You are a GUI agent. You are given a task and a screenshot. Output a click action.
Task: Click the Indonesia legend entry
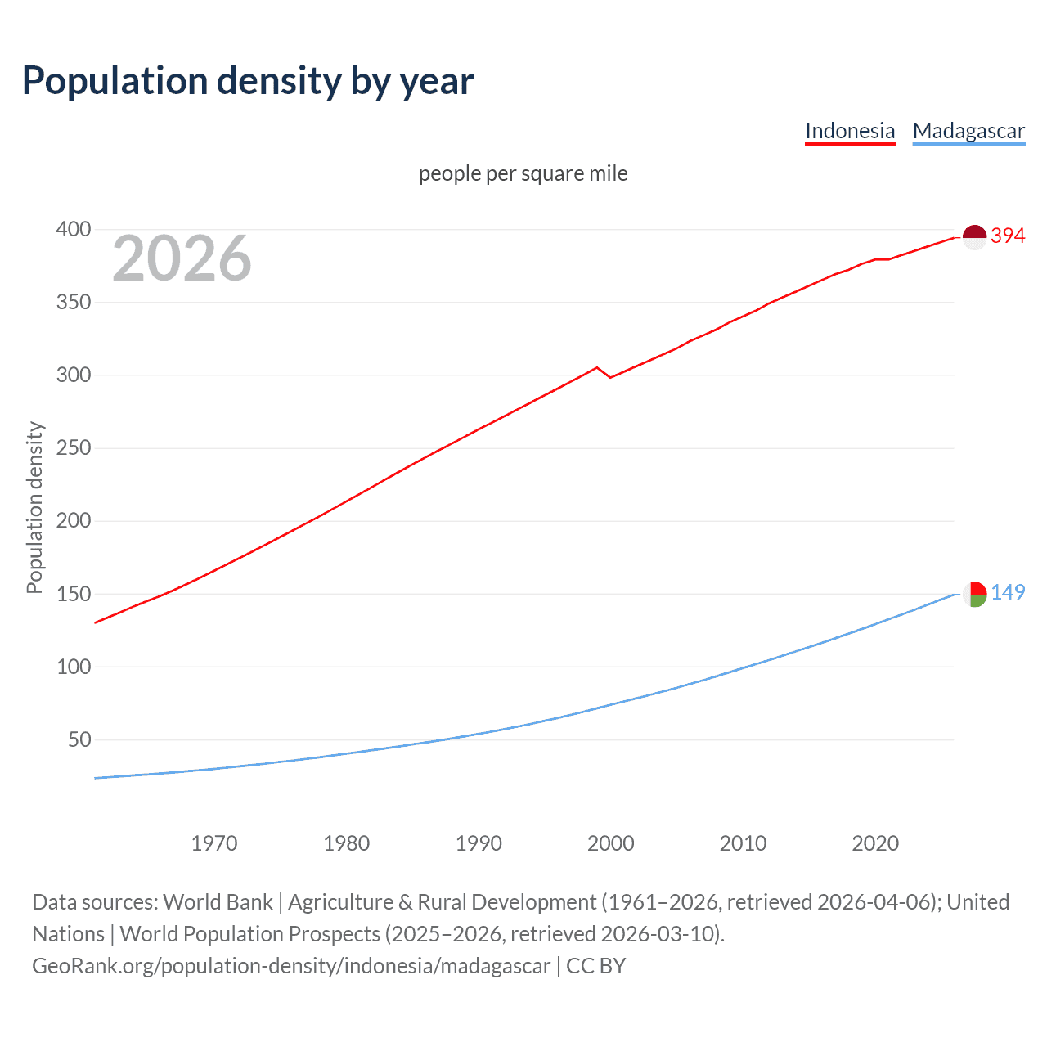(850, 131)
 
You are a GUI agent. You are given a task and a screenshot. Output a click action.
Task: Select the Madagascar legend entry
(968, 131)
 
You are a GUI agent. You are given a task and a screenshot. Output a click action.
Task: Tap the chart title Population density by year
(248, 81)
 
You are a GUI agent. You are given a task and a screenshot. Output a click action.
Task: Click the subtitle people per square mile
(523, 173)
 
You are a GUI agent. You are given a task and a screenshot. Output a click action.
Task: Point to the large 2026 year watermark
(182, 258)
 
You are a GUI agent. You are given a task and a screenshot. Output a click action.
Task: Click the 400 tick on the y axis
(74, 229)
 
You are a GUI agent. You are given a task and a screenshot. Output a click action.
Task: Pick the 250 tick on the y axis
(74, 448)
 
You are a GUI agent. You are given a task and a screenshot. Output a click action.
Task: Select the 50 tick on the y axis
(79, 739)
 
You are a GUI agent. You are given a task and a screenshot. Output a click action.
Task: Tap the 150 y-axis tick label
(74, 594)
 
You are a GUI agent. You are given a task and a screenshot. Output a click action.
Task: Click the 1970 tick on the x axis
(214, 843)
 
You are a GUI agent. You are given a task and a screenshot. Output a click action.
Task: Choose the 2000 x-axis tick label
(611, 843)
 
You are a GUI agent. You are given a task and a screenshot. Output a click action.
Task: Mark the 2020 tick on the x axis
(875, 843)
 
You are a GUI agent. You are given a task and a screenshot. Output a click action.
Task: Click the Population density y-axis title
(34, 507)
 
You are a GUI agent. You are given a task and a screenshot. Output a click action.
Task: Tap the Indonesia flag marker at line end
(974, 237)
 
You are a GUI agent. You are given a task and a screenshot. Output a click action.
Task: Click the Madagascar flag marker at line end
(974, 594)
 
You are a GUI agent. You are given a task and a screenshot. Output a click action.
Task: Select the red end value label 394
(1008, 236)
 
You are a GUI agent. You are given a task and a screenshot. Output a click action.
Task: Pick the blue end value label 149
(1008, 592)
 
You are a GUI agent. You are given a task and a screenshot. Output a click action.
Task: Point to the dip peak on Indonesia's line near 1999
(597, 367)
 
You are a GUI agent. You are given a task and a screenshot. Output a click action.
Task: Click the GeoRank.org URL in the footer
(291, 966)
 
